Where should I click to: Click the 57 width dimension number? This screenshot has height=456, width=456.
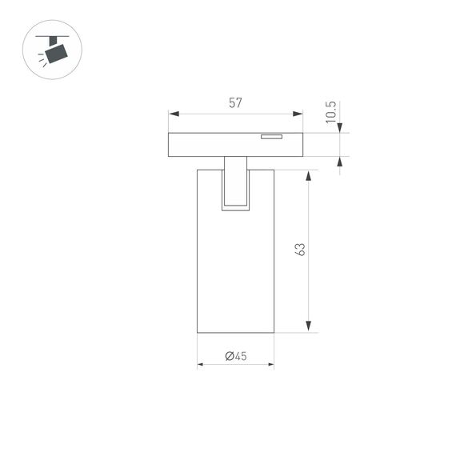tap(235, 102)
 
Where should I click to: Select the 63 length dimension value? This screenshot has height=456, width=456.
tap(300, 249)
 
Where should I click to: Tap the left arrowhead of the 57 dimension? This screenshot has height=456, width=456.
tap(172, 114)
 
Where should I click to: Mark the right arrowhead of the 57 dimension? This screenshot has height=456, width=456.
tap(300, 114)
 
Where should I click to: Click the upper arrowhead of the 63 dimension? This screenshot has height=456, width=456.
tap(308, 175)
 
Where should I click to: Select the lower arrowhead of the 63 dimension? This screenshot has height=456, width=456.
tap(308, 327)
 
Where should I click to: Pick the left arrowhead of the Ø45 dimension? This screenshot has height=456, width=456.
tap(201, 365)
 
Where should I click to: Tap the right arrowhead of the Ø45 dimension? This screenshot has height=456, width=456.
tap(270, 365)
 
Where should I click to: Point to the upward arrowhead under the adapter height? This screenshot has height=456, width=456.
tap(340, 162)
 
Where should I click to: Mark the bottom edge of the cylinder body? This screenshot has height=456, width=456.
tap(235, 333)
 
